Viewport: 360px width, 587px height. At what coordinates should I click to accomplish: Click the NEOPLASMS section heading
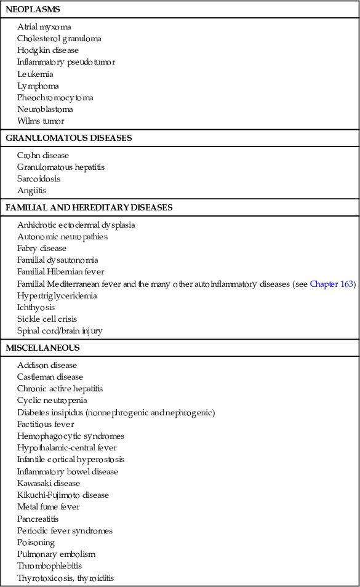coord(33,10)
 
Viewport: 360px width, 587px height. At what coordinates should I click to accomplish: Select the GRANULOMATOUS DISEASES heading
coord(68,138)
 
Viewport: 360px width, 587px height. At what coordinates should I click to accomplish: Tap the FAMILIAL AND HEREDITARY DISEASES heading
coord(89,207)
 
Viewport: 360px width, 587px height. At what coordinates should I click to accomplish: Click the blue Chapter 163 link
coord(332,284)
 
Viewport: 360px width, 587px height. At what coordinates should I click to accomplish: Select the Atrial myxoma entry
coord(44,27)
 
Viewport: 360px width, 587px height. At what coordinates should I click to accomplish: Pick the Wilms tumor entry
coord(41,121)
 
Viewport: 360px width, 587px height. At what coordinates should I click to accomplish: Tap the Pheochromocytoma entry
coord(55,98)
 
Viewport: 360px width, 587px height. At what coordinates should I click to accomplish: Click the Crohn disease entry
coord(43,156)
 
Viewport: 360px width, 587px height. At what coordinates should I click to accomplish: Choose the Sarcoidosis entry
coord(39,179)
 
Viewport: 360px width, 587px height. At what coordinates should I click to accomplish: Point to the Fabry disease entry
coord(42,249)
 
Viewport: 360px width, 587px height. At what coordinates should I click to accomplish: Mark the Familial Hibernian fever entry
coord(61,272)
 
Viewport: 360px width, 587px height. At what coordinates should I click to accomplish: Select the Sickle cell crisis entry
coord(48,319)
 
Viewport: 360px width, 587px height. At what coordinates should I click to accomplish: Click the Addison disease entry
coord(47,365)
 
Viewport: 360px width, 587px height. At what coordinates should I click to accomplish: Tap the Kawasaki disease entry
coord(49,483)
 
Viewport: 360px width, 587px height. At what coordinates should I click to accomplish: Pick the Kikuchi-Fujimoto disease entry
coord(63,495)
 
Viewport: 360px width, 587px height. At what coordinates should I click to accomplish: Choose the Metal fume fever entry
coord(49,507)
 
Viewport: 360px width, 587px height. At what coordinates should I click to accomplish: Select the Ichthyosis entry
coord(36,307)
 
